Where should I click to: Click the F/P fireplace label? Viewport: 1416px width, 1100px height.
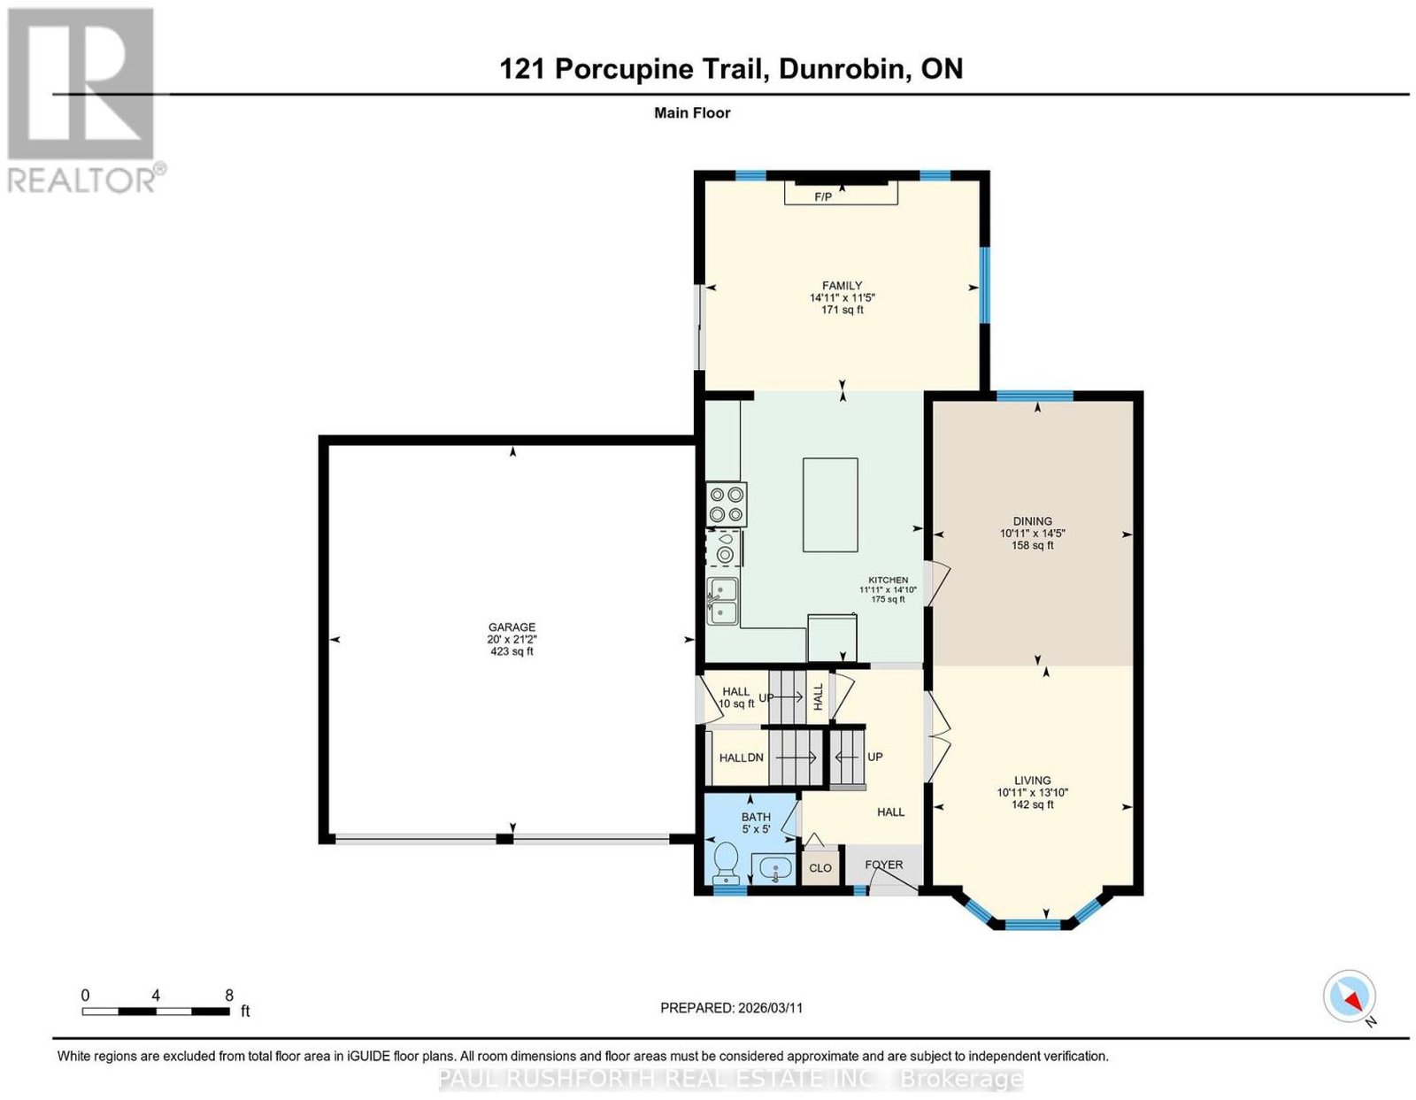click(822, 196)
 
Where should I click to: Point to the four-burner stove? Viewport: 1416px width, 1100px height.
click(726, 504)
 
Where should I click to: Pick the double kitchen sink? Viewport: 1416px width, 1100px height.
click(723, 601)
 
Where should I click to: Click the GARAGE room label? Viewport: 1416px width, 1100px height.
click(512, 627)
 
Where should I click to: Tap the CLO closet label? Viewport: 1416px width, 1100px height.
click(820, 867)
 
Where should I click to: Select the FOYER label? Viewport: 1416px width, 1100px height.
click(883, 865)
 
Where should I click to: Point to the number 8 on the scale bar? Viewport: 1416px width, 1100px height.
click(228, 996)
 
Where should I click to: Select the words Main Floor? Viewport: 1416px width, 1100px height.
click(692, 112)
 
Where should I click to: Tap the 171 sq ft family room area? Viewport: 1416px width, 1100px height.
click(842, 310)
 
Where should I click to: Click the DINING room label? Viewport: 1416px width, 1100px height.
click(1032, 521)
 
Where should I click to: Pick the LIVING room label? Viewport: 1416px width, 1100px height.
click(1032, 781)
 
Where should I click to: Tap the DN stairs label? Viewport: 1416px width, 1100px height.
click(755, 758)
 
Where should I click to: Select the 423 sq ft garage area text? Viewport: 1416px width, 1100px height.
click(512, 651)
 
